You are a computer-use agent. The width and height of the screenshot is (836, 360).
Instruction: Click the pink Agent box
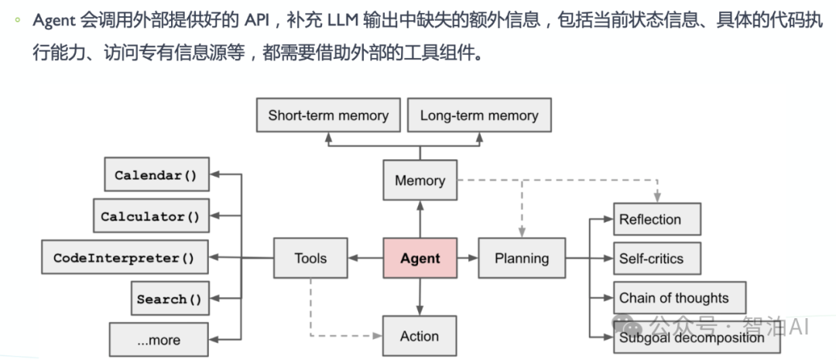[x=420, y=259]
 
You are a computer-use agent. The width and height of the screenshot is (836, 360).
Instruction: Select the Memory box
[x=420, y=180]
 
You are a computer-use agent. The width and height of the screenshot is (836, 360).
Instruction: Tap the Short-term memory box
[x=328, y=116]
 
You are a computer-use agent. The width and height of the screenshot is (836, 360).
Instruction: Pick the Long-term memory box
[x=478, y=116]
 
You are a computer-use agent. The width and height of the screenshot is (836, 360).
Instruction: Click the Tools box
[x=310, y=259]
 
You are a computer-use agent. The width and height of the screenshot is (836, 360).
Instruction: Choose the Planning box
[x=522, y=259]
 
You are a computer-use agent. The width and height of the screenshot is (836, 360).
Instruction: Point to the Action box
[x=420, y=336]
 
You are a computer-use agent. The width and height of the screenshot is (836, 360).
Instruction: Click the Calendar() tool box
[x=156, y=175]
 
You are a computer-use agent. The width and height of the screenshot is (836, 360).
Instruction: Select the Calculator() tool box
[x=150, y=217]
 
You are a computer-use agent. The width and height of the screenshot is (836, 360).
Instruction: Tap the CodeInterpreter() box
[x=124, y=258]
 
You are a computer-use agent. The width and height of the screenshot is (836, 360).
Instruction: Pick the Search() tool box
[x=168, y=299]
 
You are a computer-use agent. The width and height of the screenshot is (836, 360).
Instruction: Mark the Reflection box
[x=656, y=219]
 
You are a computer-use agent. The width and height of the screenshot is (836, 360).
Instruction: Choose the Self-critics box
[x=656, y=259]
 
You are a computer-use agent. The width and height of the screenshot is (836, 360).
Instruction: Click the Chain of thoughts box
[x=679, y=298]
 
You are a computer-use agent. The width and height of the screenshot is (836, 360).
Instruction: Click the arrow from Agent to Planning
[x=468, y=259]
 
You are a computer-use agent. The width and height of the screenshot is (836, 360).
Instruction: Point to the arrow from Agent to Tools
[x=365, y=259]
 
